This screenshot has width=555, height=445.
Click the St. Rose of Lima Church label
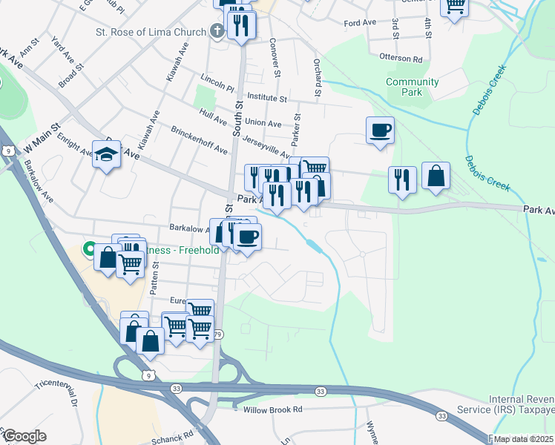[x=150, y=32]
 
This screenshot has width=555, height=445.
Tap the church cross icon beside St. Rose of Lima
[x=217, y=31]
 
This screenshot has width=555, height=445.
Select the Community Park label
[x=412, y=87]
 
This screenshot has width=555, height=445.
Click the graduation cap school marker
[x=107, y=155]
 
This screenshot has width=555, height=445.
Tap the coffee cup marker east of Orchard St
[x=380, y=131]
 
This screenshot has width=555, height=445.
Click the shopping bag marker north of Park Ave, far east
[x=436, y=177]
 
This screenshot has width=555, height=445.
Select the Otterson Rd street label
[x=401, y=59]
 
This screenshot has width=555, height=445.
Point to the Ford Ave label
[x=360, y=23]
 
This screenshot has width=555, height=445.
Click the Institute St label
[x=267, y=97]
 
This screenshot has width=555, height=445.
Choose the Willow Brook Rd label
[x=273, y=409]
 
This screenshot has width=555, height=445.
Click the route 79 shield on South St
[x=217, y=334]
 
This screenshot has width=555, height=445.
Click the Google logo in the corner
[x=24, y=436]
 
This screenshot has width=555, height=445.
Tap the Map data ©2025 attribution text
[x=522, y=439]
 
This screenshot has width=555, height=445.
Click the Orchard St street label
[x=317, y=78]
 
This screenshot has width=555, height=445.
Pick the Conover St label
[x=275, y=58]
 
